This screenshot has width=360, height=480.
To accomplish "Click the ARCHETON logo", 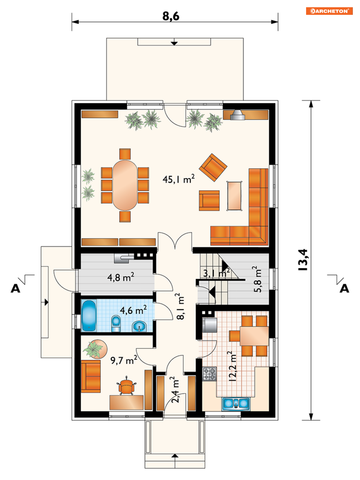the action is (x=329, y=11).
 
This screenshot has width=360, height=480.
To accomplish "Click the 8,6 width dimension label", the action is (x=171, y=16).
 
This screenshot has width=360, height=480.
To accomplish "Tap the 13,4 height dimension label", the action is (x=303, y=260).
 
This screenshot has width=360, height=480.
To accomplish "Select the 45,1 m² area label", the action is (x=178, y=179).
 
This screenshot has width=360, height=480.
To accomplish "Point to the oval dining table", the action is (x=125, y=185).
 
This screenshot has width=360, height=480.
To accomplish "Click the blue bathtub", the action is (x=89, y=315).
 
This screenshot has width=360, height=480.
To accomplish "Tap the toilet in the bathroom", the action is (x=116, y=324).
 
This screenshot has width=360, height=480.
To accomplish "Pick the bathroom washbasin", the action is (x=139, y=327).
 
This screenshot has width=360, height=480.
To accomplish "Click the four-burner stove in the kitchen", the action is (x=209, y=374).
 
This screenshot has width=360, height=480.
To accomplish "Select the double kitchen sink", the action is (x=236, y=404).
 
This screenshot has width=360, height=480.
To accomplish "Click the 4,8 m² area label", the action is (x=120, y=277).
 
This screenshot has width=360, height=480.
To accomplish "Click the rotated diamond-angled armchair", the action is (x=213, y=167).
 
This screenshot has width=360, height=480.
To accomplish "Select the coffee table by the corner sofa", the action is (x=234, y=196).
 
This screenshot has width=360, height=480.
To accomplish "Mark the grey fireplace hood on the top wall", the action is (x=237, y=115).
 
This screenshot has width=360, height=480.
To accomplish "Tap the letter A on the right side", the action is (x=344, y=289).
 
